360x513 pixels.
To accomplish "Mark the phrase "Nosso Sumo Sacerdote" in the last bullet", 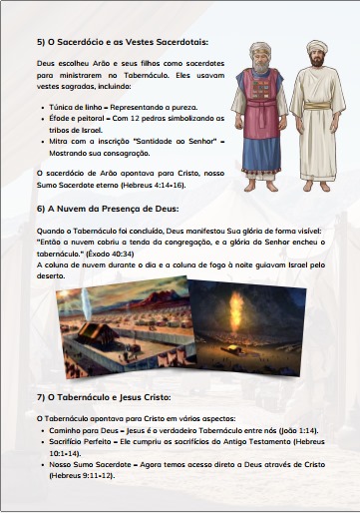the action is tap(86, 462).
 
